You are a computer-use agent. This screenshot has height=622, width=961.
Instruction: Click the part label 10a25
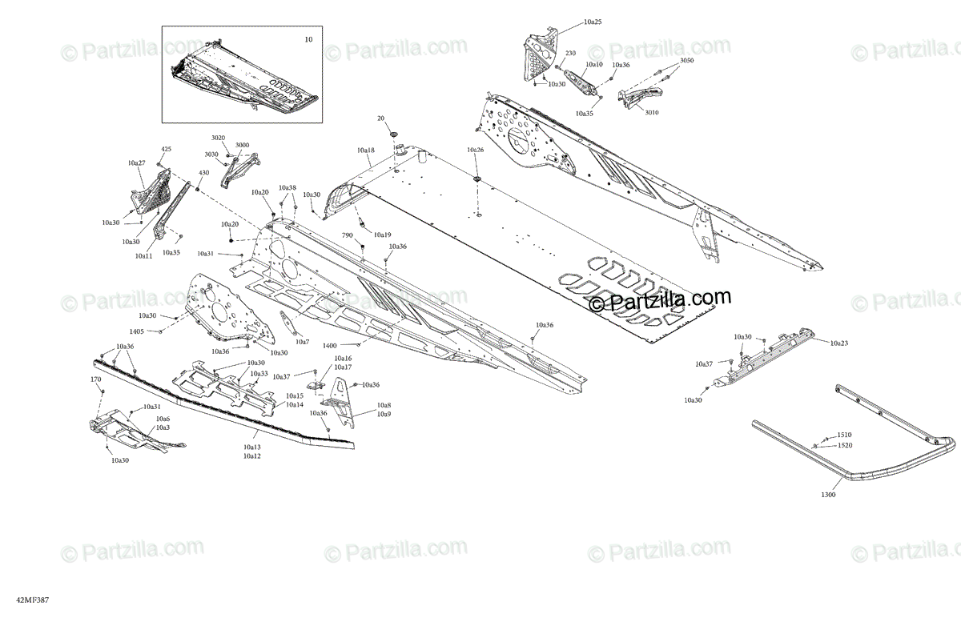click(x=593, y=22)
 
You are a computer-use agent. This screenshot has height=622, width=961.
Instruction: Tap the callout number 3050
click(x=687, y=61)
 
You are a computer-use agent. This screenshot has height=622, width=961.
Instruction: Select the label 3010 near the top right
click(x=651, y=113)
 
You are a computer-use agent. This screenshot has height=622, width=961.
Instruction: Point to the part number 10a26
click(x=476, y=150)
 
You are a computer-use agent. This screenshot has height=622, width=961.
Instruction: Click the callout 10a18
click(x=366, y=150)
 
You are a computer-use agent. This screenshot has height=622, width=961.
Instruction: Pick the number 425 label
click(x=167, y=149)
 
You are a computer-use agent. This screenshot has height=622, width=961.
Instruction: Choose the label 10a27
click(x=136, y=163)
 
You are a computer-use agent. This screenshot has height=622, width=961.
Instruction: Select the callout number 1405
click(x=137, y=331)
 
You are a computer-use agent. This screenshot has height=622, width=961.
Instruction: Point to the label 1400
click(x=330, y=345)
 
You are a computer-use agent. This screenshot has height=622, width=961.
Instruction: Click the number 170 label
click(x=95, y=379)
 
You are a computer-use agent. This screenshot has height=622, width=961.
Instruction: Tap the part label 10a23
click(x=838, y=343)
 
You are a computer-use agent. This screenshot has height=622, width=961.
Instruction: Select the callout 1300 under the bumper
click(x=828, y=495)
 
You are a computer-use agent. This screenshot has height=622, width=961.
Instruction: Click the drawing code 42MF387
click(x=21, y=598)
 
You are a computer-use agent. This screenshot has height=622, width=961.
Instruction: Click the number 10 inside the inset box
click(x=309, y=38)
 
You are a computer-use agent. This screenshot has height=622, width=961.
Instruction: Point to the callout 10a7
click(x=302, y=342)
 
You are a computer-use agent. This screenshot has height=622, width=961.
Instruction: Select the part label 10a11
click(x=143, y=255)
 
